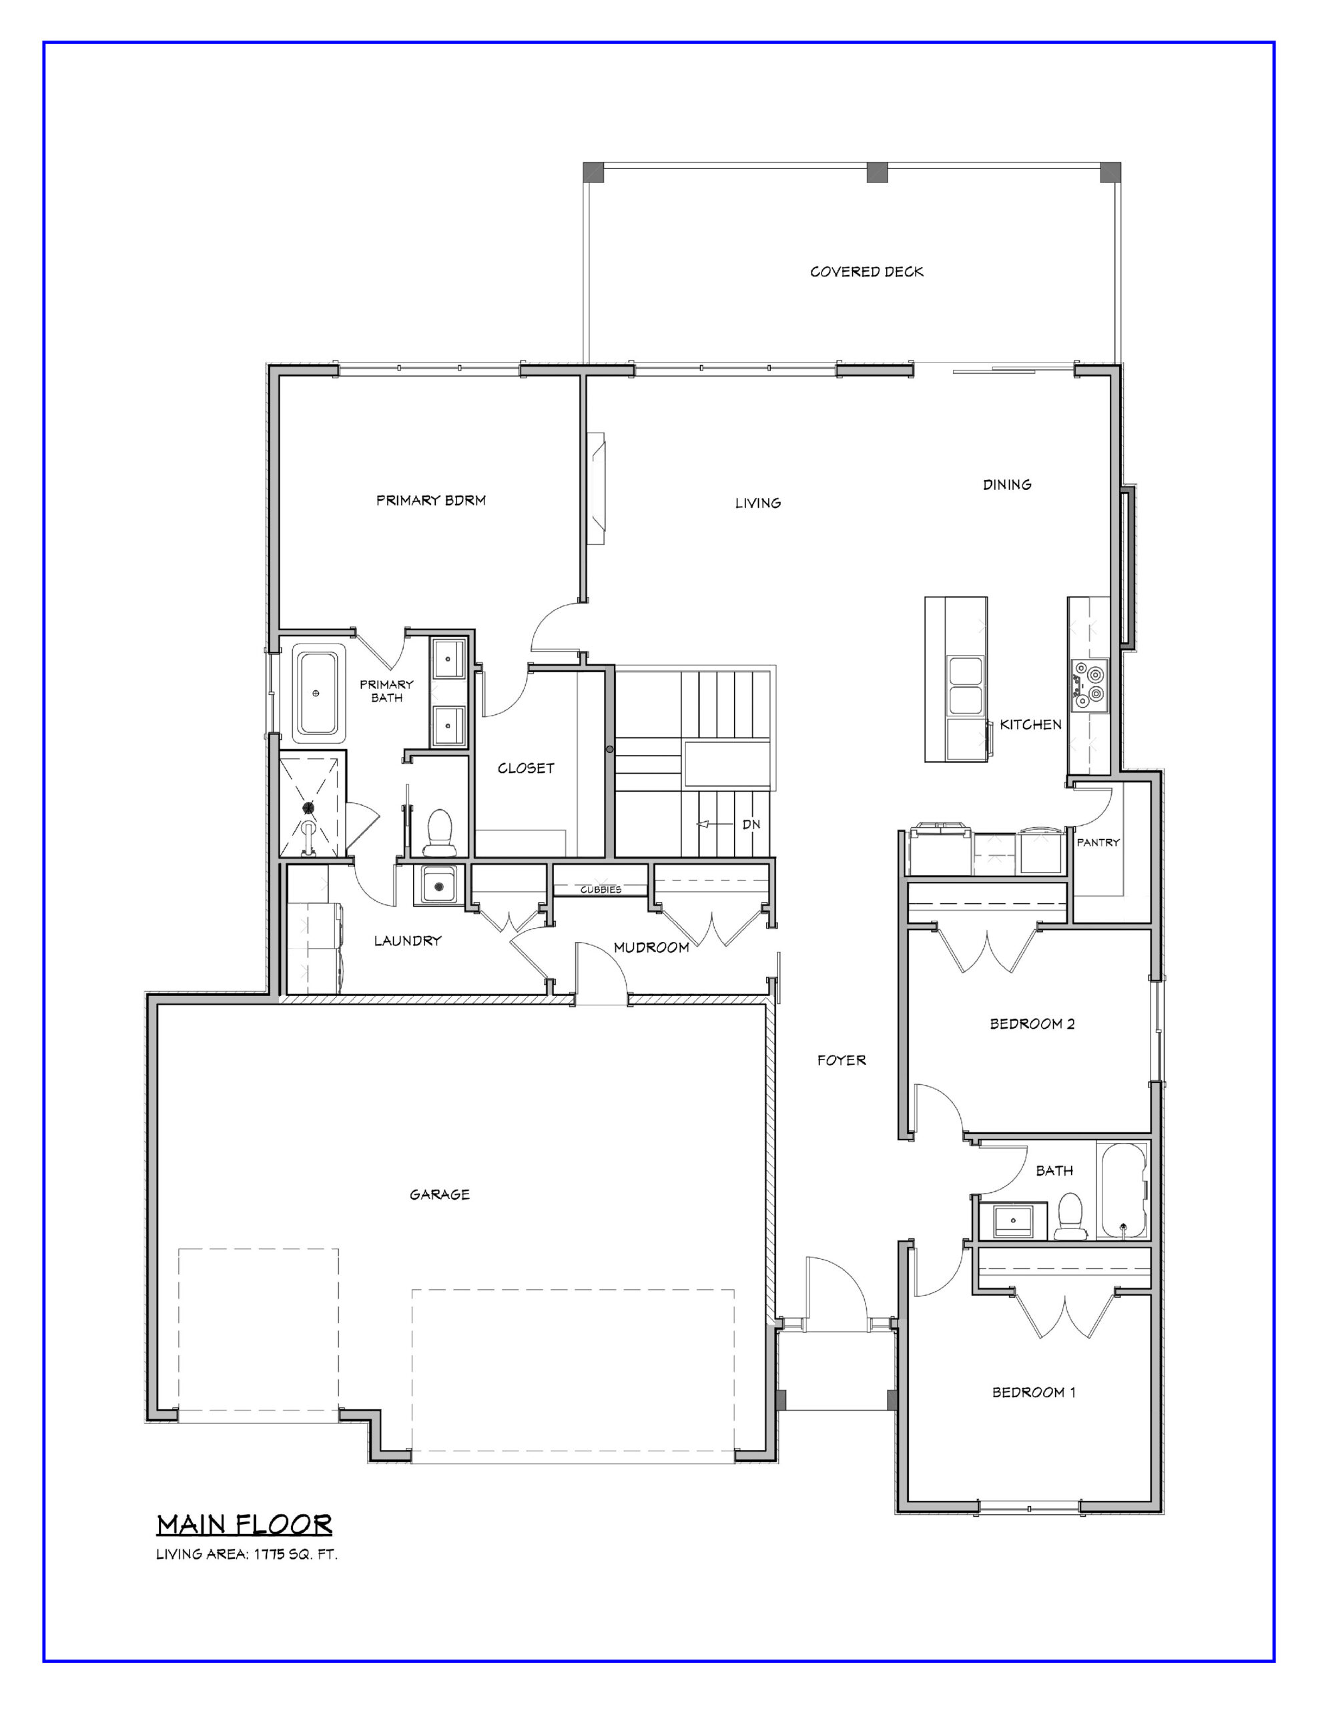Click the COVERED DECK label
[x=866, y=272]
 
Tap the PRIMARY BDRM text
[x=431, y=500]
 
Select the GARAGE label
[x=440, y=1194]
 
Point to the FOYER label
[x=842, y=1060]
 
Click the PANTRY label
[x=1098, y=842]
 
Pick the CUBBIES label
[x=601, y=890]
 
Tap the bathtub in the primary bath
[x=318, y=694]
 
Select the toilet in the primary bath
[x=439, y=832]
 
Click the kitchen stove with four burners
[x=1089, y=685]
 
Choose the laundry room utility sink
[x=439, y=886]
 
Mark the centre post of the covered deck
[x=877, y=172]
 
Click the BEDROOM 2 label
[x=1032, y=1023]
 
